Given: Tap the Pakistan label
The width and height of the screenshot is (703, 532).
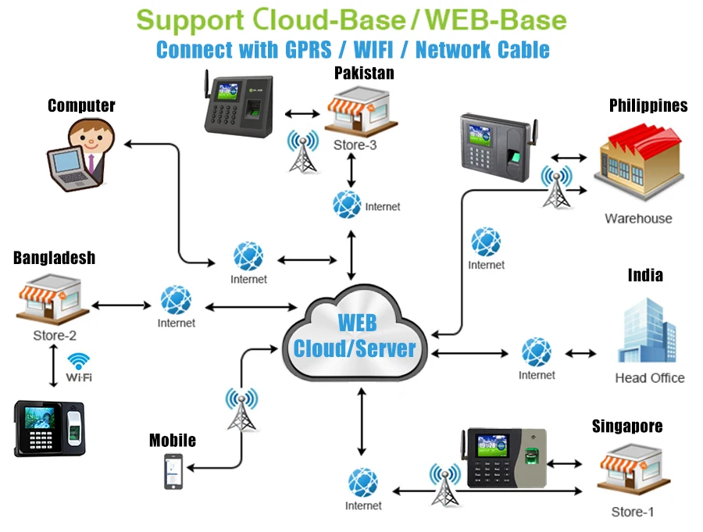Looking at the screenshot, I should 364,73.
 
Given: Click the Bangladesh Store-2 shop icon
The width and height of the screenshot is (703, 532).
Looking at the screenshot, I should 52,302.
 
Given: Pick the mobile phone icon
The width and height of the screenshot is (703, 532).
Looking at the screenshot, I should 173,472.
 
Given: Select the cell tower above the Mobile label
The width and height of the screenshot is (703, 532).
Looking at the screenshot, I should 241,408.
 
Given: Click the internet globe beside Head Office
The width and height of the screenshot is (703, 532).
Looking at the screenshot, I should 537,352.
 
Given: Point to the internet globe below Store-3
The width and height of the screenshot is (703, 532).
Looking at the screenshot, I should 347,205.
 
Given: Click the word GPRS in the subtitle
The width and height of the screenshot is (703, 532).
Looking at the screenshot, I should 304,49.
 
